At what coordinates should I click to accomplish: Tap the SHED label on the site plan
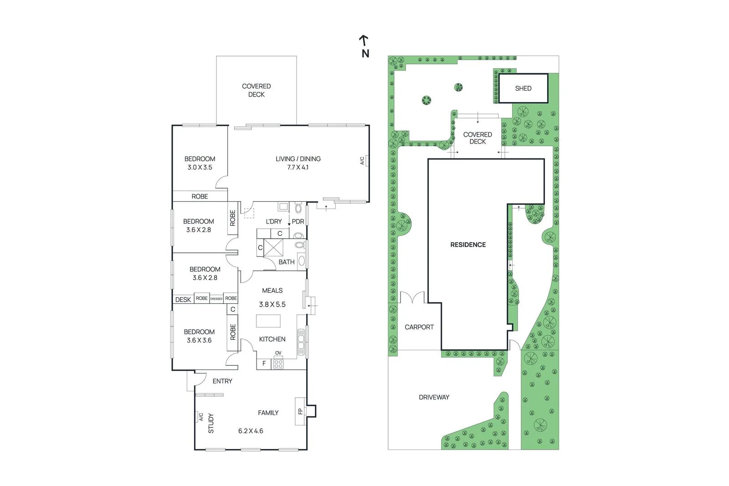pyautogui.click(x=523, y=88)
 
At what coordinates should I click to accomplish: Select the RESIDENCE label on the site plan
pyautogui.click(x=468, y=245)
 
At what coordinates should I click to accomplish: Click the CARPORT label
pyautogui.click(x=419, y=327)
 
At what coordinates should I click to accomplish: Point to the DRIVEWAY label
pyautogui.click(x=434, y=397)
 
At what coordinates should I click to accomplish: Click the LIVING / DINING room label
pyautogui.click(x=298, y=159)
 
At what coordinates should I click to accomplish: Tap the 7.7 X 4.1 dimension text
pyautogui.click(x=298, y=167)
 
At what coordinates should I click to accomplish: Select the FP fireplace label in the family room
pyautogui.click(x=300, y=411)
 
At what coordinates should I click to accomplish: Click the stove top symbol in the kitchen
pyautogui.click(x=278, y=364)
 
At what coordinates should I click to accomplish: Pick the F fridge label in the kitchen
pyautogui.click(x=264, y=364)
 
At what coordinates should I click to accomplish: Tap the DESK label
pyautogui.click(x=183, y=299)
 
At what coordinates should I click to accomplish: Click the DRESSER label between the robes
pyautogui.click(x=216, y=299)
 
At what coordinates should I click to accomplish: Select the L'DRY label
pyautogui.click(x=274, y=221)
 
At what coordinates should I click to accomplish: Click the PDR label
pyautogui.click(x=298, y=221)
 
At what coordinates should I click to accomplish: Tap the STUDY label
pyautogui.click(x=210, y=423)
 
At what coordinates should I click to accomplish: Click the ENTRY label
pyautogui.click(x=222, y=381)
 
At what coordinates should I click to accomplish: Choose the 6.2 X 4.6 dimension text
pyautogui.click(x=251, y=431)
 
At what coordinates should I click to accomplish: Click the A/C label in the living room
pyautogui.click(x=363, y=161)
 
